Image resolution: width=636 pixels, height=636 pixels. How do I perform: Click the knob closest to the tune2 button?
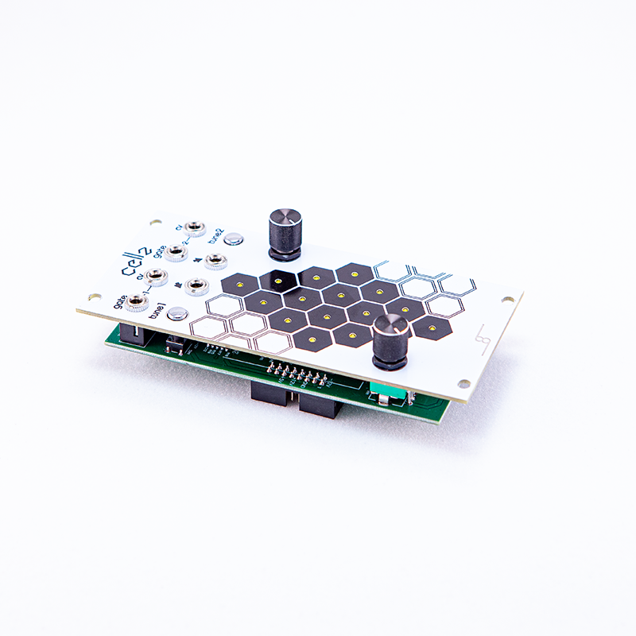pyautogui.click(x=283, y=230)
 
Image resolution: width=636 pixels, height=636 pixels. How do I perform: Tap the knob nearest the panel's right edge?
pyautogui.click(x=390, y=340)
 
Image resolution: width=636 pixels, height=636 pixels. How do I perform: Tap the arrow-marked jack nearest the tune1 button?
pyautogui.click(x=196, y=287)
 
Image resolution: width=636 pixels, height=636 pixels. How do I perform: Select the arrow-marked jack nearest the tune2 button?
pyautogui.click(x=215, y=259)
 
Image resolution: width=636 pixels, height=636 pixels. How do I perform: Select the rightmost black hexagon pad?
pyautogui.click(x=432, y=328)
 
